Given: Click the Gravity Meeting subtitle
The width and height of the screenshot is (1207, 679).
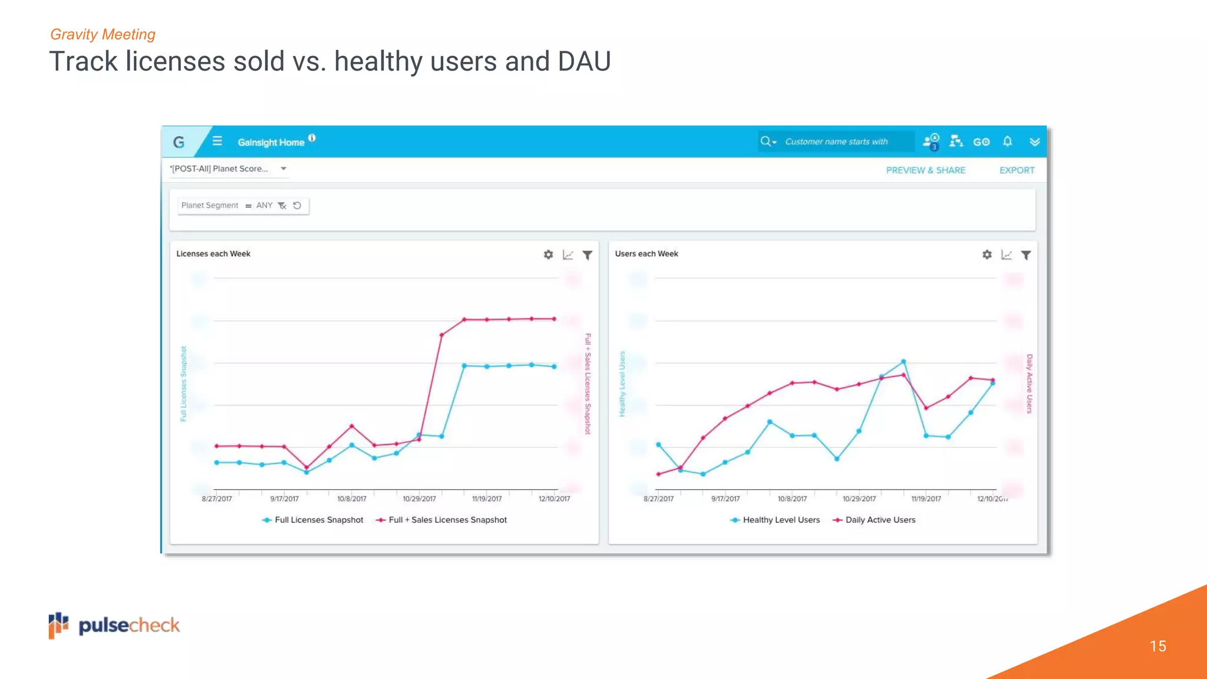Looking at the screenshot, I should (103, 34).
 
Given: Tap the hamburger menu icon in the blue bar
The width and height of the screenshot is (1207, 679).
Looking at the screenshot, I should (217, 141).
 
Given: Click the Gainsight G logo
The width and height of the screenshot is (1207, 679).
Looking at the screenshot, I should (179, 142).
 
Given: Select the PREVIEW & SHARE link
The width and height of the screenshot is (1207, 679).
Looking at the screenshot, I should (925, 170).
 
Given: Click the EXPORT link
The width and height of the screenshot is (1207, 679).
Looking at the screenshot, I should (1017, 170).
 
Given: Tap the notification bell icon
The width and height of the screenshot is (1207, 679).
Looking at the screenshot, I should (1007, 141).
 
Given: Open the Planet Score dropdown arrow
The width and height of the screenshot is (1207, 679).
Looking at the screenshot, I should (283, 169).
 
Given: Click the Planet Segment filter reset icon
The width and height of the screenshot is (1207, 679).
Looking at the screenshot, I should (297, 206).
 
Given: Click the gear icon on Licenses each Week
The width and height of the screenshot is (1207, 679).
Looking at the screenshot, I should (548, 255).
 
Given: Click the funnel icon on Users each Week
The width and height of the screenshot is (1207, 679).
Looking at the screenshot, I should (1026, 255).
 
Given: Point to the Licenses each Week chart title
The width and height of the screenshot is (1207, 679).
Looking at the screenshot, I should (213, 254).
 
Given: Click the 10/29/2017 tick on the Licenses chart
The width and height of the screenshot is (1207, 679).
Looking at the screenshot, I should (419, 498).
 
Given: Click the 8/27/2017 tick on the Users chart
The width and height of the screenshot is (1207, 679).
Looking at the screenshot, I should (658, 498).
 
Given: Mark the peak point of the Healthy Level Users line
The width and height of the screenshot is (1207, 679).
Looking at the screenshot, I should (903, 361).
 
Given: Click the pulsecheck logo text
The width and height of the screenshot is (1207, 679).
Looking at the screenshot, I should (129, 625).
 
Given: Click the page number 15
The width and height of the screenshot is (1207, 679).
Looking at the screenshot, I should (1157, 646).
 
